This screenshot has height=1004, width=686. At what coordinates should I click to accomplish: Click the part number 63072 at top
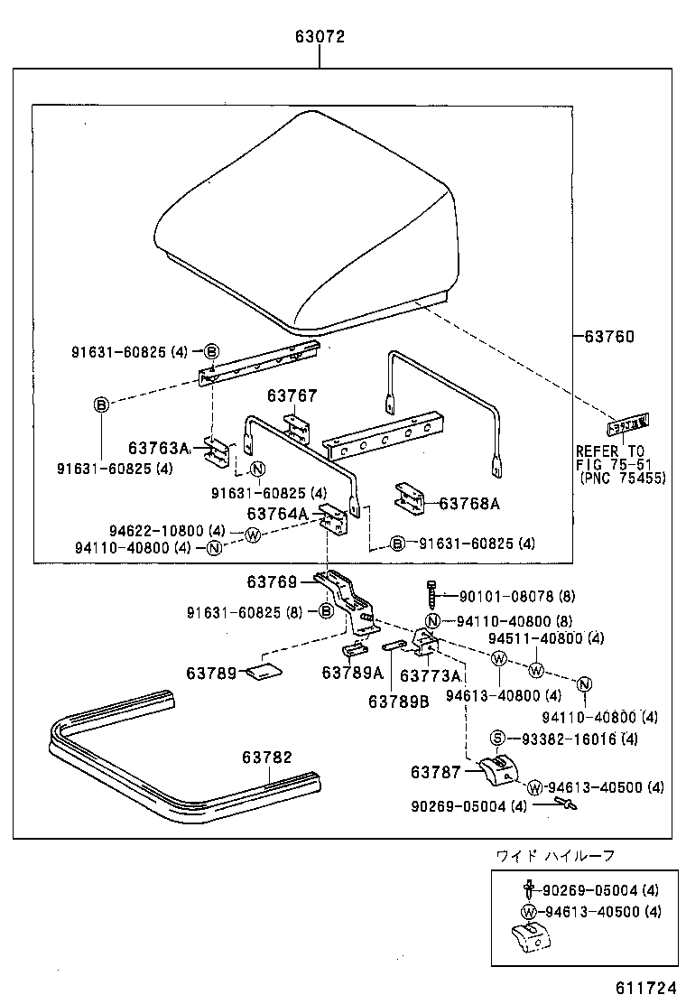[320, 37]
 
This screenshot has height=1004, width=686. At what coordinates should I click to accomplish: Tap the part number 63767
[292, 396]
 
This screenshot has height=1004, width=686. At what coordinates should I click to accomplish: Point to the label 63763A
[159, 448]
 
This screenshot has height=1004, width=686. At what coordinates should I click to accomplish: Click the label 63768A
[469, 504]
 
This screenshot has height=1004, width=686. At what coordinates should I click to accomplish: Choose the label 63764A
[278, 514]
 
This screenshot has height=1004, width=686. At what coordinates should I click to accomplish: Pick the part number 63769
[272, 582]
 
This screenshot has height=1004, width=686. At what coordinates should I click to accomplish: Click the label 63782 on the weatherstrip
[266, 757]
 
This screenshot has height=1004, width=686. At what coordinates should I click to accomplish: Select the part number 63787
[437, 772]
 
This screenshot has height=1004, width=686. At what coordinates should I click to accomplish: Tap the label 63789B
[398, 701]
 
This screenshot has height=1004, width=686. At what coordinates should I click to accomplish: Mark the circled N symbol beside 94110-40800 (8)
[433, 619]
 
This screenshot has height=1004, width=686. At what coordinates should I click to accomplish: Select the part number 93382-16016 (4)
[579, 739]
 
